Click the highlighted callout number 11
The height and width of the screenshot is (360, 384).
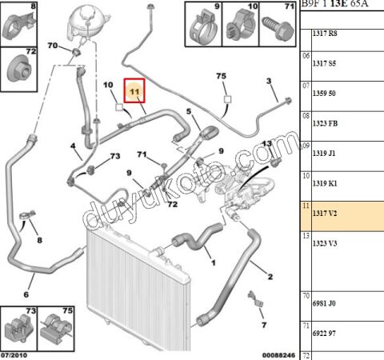tap(134, 91)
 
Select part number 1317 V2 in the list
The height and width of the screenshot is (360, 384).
tap(325, 214)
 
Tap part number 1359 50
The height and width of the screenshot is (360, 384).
tap(324, 94)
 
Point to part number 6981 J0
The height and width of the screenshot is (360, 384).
tap(324, 303)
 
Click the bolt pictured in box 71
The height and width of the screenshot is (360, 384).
tap(278, 29)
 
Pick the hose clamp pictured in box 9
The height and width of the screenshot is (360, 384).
tap(204, 28)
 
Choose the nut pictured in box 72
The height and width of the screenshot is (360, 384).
tap(19, 69)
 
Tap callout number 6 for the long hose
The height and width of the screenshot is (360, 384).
tap(26, 294)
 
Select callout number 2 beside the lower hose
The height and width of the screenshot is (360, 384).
tap(270, 277)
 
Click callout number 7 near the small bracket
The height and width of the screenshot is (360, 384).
tap(264, 325)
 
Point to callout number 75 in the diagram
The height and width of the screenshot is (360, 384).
tap(222, 76)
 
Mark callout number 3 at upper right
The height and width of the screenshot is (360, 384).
tap(269, 81)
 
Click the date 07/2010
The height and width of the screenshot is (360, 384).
tap(14, 355)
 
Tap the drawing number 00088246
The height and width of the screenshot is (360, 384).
tap(278, 355)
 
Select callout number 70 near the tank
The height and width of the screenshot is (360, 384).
tap(53, 46)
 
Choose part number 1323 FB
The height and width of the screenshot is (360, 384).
tap(325, 123)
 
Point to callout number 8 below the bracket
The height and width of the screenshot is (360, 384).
tap(40, 240)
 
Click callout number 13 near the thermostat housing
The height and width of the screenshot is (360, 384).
tap(266, 144)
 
